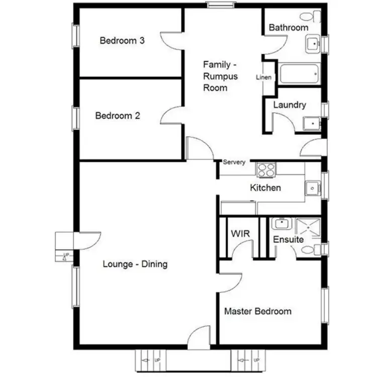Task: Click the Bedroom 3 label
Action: [122, 41]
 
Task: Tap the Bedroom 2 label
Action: [118, 116]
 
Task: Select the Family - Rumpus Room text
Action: [220, 76]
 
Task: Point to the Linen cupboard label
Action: [264, 77]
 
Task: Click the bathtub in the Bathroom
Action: [299, 74]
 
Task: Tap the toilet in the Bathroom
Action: [315, 16]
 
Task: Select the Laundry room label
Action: [290, 105]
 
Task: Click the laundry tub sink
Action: [311, 123]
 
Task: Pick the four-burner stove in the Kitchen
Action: [266, 170]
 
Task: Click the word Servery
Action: [234, 162]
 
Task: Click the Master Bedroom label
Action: [257, 311]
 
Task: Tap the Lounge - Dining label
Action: [135, 264]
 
